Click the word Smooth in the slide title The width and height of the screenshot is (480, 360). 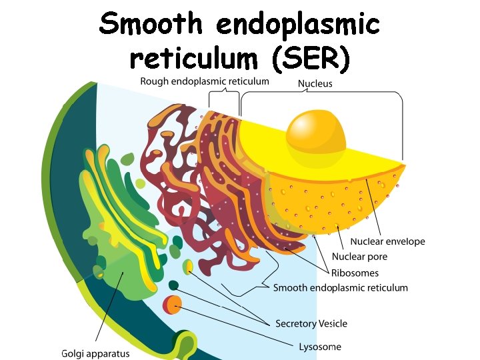[x=151, y=25]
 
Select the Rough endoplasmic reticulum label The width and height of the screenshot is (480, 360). [x=205, y=81]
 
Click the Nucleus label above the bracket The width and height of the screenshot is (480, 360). [x=315, y=83]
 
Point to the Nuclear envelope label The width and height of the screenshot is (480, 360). [x=387, y=241]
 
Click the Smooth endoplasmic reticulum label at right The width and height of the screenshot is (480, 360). [x=340, y=288]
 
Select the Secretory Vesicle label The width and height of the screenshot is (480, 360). [x=311, y=323]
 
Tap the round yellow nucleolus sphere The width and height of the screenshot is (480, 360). [x=316, y=131]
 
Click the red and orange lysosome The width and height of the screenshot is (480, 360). [x=172, y=305]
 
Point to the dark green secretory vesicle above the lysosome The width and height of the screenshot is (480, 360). [x=173, y=285]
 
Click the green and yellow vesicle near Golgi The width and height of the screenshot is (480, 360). [x=189, y=267]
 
